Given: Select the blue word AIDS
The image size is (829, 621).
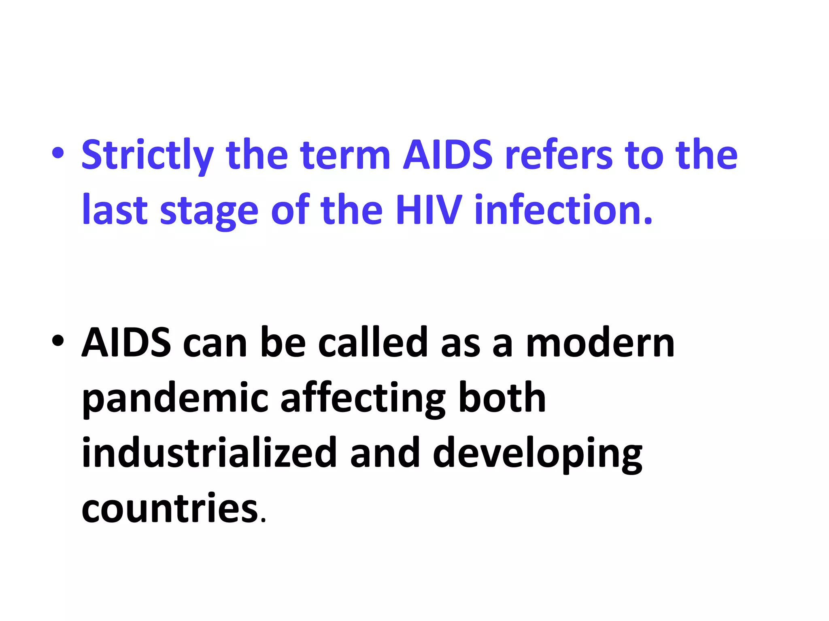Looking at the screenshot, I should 448,154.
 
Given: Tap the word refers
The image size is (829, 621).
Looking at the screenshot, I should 559,154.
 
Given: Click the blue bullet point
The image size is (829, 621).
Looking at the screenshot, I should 57,154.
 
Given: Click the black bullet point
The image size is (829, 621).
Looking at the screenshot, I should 57,341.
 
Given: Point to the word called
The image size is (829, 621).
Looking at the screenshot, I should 373,342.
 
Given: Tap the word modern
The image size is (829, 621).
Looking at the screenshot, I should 600,343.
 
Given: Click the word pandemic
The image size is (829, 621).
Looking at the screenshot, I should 175,399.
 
